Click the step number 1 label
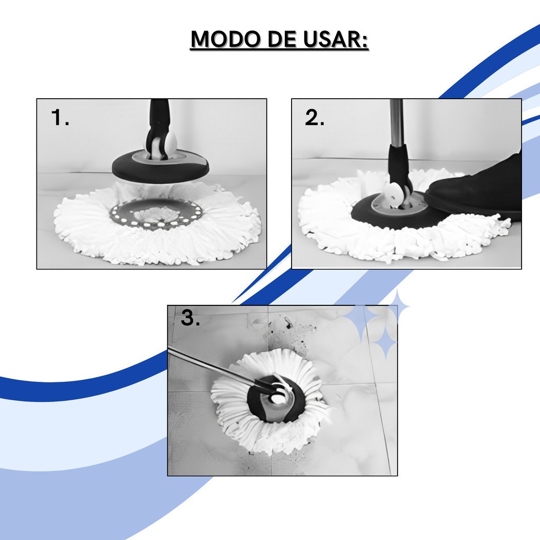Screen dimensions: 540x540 60,118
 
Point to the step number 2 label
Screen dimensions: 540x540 314,118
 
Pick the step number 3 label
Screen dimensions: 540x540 190,317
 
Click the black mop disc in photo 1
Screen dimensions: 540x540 160,167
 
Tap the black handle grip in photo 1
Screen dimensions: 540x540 158,124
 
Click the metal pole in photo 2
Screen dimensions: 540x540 397,122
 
